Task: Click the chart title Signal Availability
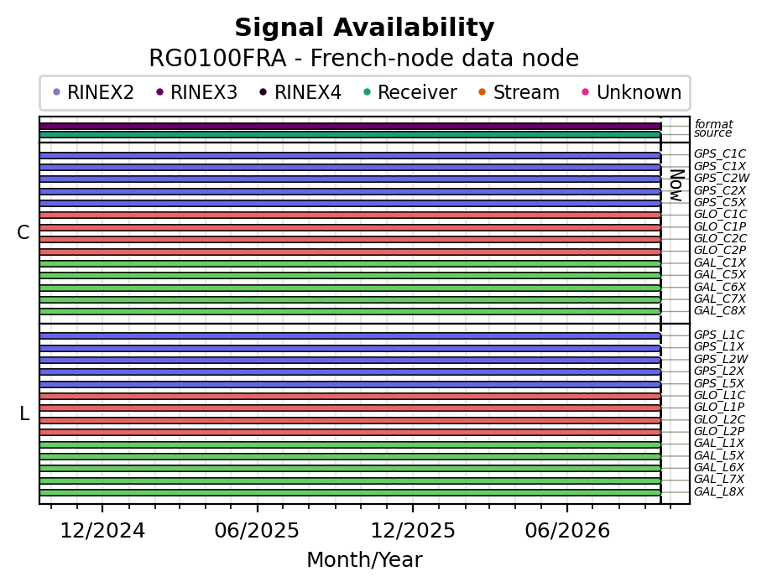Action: (364, 28)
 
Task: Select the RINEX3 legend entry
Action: (197, 92)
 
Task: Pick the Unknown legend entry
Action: (632, 92)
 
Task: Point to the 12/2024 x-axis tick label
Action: (102, 531)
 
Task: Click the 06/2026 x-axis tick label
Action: (567, 531)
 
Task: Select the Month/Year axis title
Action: (364, 560)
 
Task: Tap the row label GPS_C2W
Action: (722, 179)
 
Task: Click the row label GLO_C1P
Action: (720, 226)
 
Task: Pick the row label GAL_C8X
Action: (720, 311)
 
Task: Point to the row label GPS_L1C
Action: (719, 335)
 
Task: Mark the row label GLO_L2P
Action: (719, 432)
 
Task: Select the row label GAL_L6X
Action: (719, 468)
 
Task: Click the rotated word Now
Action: (677, 185)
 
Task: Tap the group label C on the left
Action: (23, 233)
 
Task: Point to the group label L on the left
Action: (24, 414)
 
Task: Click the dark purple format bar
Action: (350, 126)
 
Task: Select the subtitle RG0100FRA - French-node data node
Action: (364, 58)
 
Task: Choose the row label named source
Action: (712, 133)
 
